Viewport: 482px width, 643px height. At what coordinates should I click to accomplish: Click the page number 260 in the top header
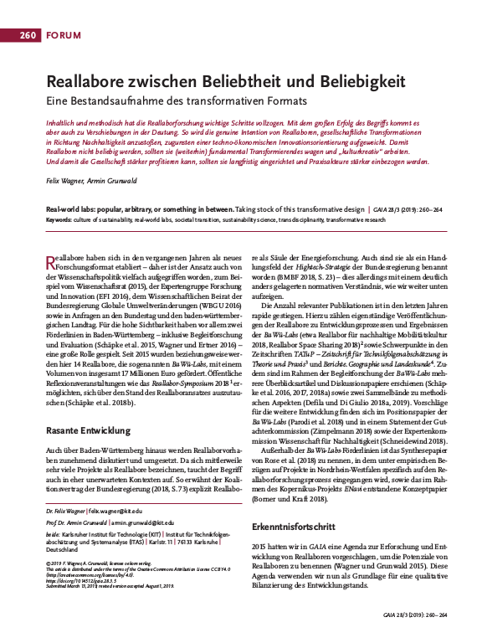27,35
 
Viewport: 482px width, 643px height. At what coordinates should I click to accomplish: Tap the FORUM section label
64,35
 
